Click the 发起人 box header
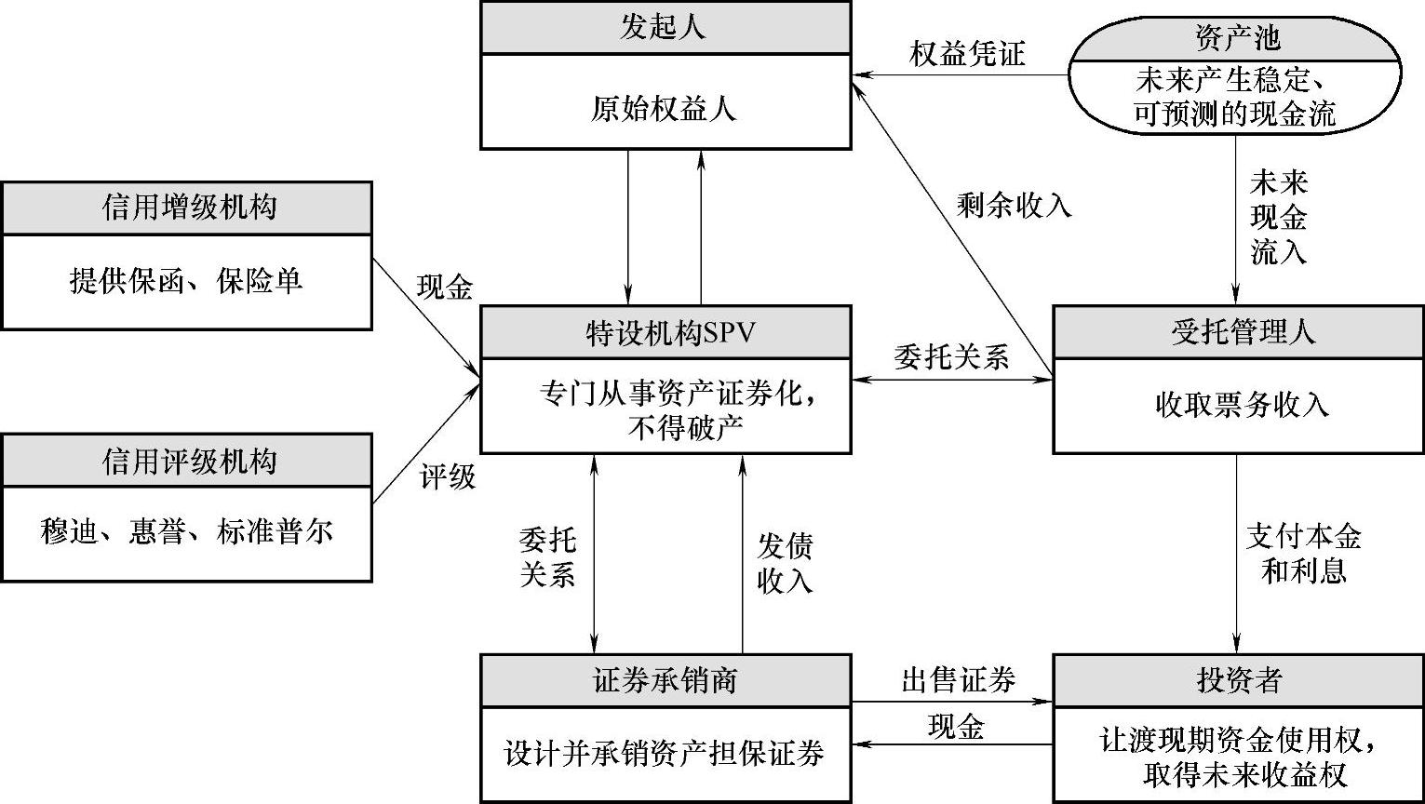(x=665, y=27)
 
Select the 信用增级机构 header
(x=187, y=207)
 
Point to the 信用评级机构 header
(x=187, y=460)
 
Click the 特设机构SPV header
(x=665, y=333)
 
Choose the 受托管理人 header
(x=1238, y=332)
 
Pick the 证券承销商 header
(x=665, y=680)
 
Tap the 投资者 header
(x=1238, y=680)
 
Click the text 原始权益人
(x=665, y=110)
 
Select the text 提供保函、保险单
(x=187, y=281)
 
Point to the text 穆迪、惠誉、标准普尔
(x=187, y=533)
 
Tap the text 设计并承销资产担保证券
(x=665, y=753)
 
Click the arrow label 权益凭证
(x=967, y=54)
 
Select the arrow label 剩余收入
(x=1014, y=206)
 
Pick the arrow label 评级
(x=447, y=478)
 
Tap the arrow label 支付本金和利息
(x=1303, y=554)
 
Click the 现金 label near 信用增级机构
(x=444, y=288)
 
